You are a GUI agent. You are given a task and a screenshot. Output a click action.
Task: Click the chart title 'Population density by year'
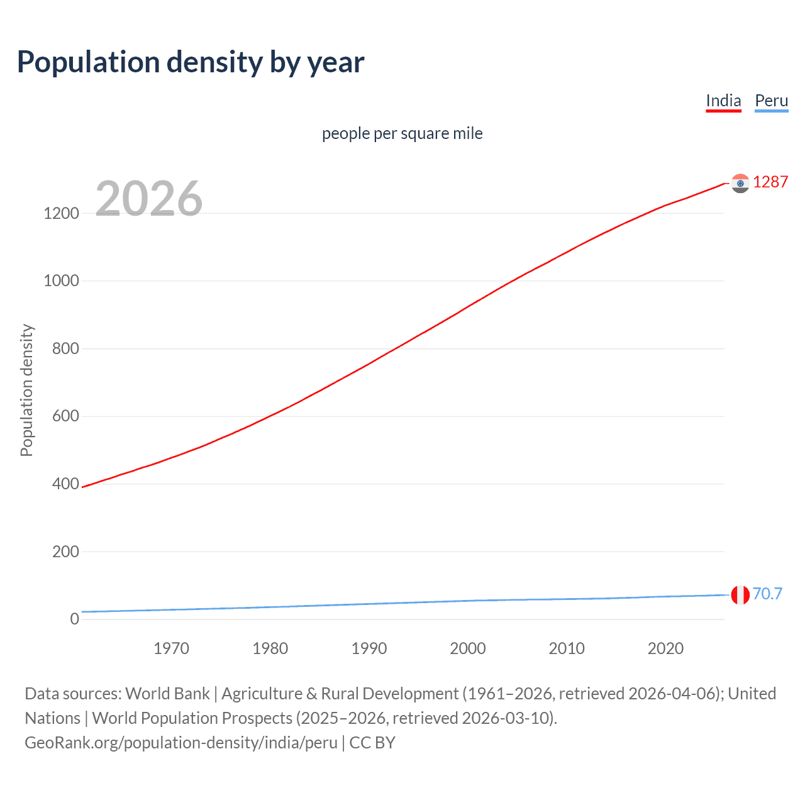tap(191, 62)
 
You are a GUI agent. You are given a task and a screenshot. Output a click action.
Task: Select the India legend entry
tap(723, 101)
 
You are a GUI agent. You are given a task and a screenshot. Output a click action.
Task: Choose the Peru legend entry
tap(771, 101)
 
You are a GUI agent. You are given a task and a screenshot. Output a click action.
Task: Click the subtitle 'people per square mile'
tap(402, 133)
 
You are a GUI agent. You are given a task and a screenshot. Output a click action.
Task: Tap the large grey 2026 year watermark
tap(149, 199)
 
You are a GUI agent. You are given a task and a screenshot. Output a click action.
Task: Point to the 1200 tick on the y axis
tap(62, 213)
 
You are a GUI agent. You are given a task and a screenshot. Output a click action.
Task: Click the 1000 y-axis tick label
tap(62, 281)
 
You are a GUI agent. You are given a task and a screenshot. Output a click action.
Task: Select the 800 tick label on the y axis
tap(65, 348)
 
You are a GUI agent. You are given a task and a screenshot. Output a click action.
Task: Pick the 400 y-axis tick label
tap(65, 484)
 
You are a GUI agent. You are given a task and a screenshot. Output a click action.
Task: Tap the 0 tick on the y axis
tap(75, 619)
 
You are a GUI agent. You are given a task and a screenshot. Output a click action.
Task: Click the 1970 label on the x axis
tap(171, 648)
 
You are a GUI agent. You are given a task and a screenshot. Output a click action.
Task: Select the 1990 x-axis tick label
tap(369, 648)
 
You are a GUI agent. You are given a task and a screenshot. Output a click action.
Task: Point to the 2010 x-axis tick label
tap(567, 648)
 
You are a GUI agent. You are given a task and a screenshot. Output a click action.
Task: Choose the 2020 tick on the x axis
tap(665, 648)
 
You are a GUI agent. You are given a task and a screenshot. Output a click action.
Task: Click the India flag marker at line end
tap(740, 183)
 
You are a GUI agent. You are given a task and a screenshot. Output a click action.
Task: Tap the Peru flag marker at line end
tap(740, 594)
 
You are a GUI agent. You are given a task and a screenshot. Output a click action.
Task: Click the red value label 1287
tap(770, 182)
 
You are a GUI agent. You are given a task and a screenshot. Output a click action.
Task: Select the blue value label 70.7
tap(767, 594)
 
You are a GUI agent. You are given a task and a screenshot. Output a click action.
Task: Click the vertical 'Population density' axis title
tap(26, 390)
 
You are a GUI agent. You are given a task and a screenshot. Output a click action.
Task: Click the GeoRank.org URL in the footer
tap(181, 743)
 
